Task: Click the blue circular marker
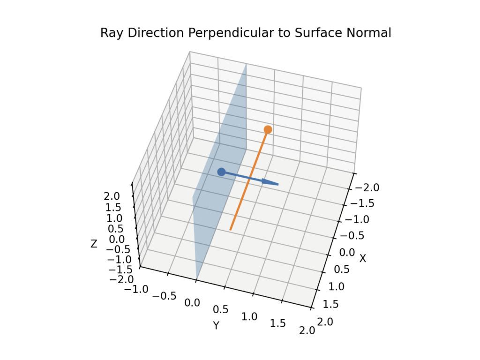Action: (x=221, y=172)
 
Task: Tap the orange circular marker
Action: (x=268, y=129)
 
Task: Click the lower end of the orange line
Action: (x=231, y=229)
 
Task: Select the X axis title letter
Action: (x=362, y=258)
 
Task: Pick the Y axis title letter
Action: (x=216, y=325)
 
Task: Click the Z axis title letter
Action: (x=94, y=244)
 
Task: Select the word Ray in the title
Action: (x=109, y=33)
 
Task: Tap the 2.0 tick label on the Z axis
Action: (x=112, y=196)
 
